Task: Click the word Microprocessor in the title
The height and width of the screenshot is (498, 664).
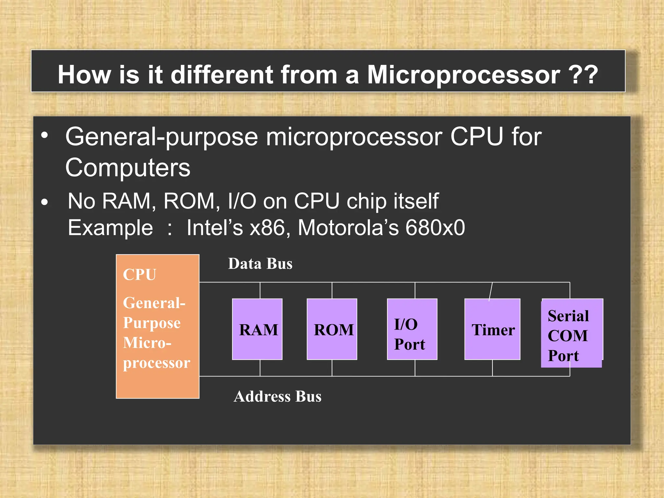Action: click(x=463, y=75)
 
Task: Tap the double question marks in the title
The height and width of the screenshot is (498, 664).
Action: click(x=583, y=75)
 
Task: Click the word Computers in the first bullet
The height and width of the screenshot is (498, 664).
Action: click(x=128, y=168)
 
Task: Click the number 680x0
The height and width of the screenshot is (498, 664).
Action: click(x=435, y=228)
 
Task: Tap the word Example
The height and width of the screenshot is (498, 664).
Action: click(x=110, y=228)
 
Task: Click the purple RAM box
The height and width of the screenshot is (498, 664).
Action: click(x=257, y=329)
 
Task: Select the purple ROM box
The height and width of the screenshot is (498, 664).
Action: click(x=332, y=329)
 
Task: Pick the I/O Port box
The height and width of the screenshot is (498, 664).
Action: click(x=412, y=329)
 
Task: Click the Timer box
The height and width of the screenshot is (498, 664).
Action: click(x=492, y=329)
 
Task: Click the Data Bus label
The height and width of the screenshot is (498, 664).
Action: click(x=260, y=264)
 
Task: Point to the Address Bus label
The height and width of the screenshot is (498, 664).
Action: click(x=278, y=397)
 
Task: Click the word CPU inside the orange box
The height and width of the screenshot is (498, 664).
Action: click(x=139, y=275)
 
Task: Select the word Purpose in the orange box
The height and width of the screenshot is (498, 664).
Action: click(x=152, y=323)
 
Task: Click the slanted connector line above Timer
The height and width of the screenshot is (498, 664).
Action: click(x=491, y=291)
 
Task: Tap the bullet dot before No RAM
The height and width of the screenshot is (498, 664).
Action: click(x=45, y=202)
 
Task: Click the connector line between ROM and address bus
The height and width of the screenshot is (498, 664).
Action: click(x=332, y=368)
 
